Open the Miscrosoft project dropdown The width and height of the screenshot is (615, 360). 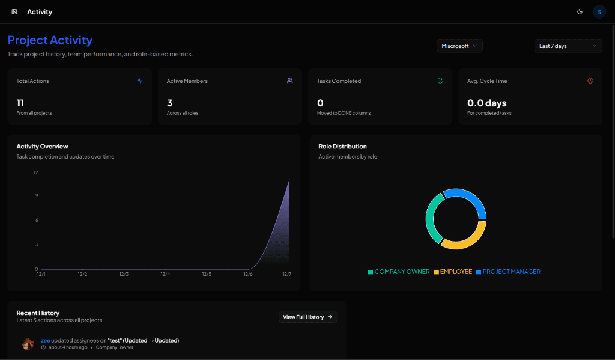(x=459, y=46)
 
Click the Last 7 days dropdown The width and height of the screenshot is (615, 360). (x=568, y=46)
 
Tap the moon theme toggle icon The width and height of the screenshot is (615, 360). (x=580, y=11)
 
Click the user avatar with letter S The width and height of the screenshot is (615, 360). (x=599, y=11)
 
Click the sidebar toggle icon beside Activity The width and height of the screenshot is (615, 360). (x=14, y=11)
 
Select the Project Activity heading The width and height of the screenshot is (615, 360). (x=50, y=40)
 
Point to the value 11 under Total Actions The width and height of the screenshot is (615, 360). (x=20, y=103)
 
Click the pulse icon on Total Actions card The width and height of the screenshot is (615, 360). (x=140, y=81)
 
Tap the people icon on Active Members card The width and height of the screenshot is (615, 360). (x=290, y=81)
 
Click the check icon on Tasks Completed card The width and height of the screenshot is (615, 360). (x=440, y=81)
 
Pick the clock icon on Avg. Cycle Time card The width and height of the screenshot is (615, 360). (x=590, y=81)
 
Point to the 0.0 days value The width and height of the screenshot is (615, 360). (x=487, y=103)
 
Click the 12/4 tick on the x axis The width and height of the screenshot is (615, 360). (x=165, y=274)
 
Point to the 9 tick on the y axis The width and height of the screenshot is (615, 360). (x=36, y=195)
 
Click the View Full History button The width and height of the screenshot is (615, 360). (x=307, y=317)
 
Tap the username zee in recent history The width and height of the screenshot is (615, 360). (x=45, y=340)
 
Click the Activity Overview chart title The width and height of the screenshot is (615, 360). (x=42, y=147)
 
